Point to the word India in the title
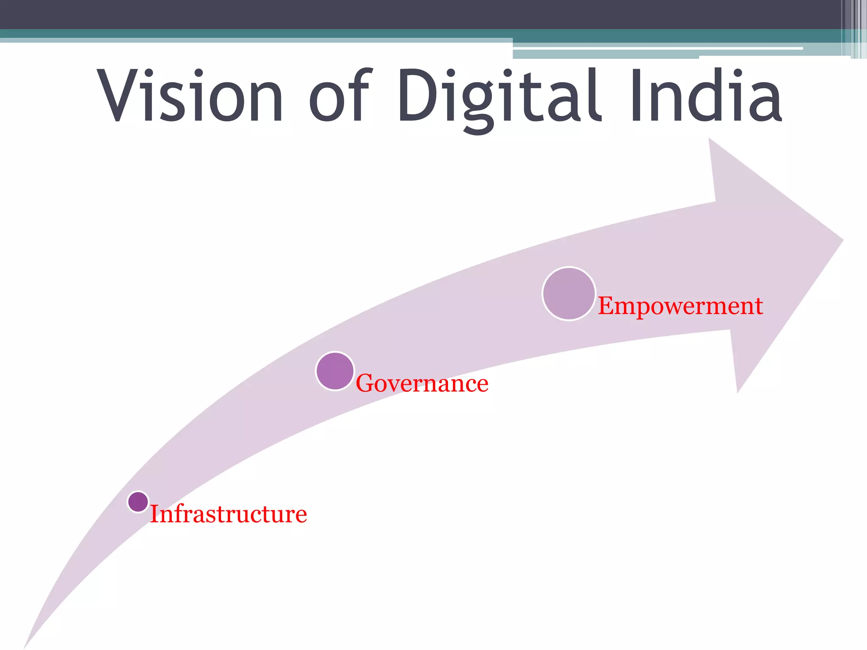[705, 95]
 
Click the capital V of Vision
[117, 95]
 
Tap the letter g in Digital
[477, 106]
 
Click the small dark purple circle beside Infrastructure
[138, 502]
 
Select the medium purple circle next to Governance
[335, 371]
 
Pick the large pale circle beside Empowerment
[569, 294]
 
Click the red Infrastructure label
[229, 514]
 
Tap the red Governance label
[422, 383]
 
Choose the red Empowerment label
[680, 306]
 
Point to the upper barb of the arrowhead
[711, 142]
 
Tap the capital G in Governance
[366, 383]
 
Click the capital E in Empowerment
[606, 306]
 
